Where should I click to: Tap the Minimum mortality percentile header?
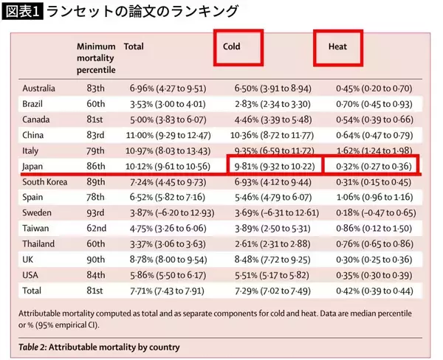point(96,58)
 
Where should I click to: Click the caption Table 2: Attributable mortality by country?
point(100,346)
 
